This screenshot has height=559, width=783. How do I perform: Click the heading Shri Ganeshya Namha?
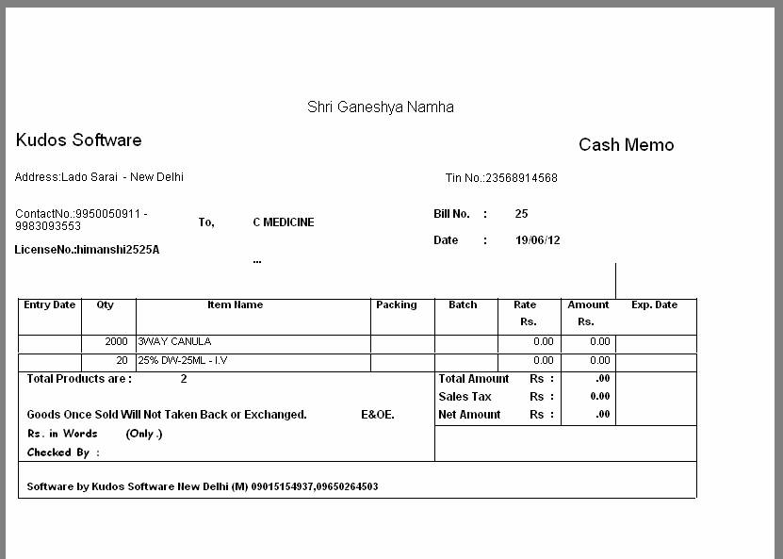[380, 107]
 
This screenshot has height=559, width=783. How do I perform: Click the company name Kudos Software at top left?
[78, 140]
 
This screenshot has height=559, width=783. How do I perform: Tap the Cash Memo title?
[626, 145]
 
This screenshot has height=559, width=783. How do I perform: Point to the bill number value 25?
[521, 214]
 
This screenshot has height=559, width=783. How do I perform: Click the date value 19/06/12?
[537, 240]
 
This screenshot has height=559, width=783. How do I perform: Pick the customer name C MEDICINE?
[283, 222]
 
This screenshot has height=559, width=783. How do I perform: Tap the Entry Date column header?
[49, 305]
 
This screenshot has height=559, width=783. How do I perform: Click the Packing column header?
[396, 305]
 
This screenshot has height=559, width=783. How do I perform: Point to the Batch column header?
[463, 305]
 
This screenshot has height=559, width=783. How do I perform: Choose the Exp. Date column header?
[654, 305]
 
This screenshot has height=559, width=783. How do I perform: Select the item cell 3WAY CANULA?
[174, 342]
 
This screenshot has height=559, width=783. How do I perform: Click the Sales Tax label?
[465, 397]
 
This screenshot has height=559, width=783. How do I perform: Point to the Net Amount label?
[469, 415]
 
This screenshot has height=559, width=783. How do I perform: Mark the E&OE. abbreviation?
[378, 415]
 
